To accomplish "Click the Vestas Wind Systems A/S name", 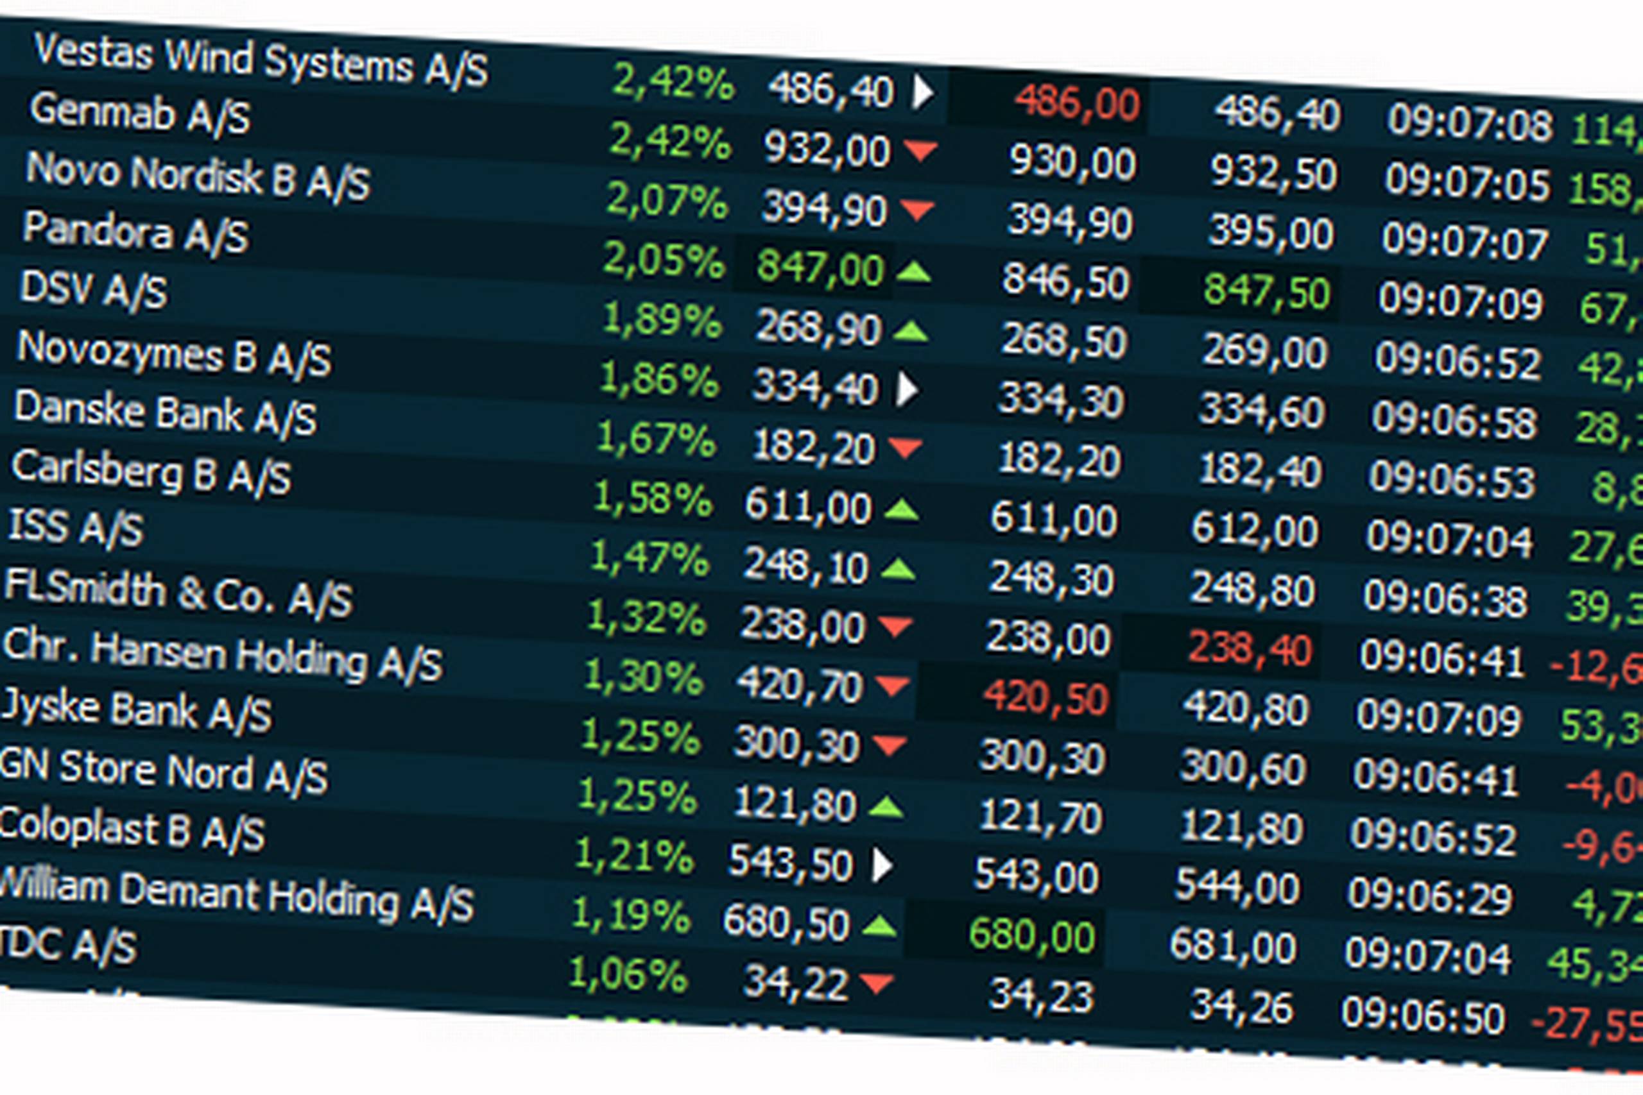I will coord(261,62).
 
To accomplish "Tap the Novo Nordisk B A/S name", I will coord(198,176).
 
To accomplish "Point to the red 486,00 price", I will coord(1076,103).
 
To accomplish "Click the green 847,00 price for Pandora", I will coord(820,268).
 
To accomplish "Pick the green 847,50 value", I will coord(1266,291).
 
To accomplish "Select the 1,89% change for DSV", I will coord(662,321).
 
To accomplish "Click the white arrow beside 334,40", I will coord(906,389).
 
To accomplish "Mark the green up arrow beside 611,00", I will coord(901,510).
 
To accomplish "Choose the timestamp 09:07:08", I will coord(1469,124).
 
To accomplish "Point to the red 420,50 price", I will coord(1045,697).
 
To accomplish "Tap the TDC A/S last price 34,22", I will coord(795,982).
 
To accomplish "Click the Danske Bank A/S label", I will coord(165,413).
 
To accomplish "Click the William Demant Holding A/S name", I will coord(236,896).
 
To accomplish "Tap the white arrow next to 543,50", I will coord(882,866).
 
